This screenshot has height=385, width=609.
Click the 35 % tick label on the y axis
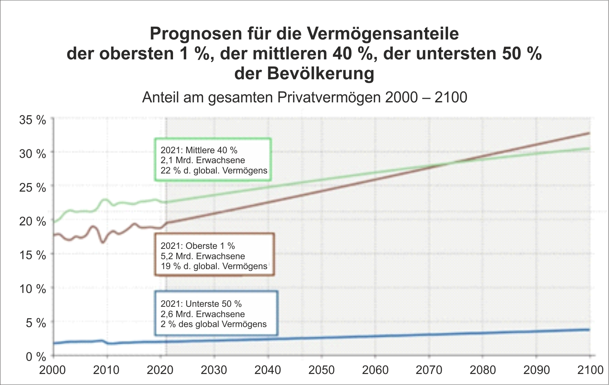pos(32,120)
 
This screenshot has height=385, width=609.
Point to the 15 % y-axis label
pos(32,255)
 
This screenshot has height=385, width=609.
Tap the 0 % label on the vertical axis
pos(36,357)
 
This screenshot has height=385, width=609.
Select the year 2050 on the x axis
pos(321,370)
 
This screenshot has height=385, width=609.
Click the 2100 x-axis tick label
pos(590,370)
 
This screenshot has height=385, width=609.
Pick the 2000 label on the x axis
pos(53,370)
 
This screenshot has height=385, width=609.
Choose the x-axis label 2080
pos(483,370)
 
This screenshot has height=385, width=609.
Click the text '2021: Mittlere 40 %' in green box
pos(199,150)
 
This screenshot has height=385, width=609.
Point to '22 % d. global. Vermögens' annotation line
pos(214,171)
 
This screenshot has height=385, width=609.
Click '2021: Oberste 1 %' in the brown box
pos(198,246)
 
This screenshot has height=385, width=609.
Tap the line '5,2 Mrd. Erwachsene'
pos(203,256)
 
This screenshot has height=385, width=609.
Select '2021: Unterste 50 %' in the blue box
pos(201,304)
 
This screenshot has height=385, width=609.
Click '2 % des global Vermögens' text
pos(214,324)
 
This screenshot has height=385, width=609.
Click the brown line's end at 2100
pos(589,133)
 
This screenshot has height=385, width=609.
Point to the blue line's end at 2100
pos(589,330)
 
